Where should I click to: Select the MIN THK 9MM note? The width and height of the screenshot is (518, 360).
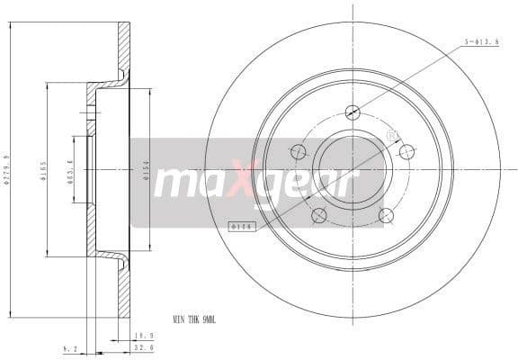click(x=195, y=318)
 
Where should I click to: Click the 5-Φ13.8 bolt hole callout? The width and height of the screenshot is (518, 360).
click(x=479, y=41)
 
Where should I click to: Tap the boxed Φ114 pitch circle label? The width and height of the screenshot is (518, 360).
click(x=241, y=227)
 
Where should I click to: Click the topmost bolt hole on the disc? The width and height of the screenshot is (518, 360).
click(x=352, y=112)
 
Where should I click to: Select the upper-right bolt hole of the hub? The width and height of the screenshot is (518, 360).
click(x=406, y=151)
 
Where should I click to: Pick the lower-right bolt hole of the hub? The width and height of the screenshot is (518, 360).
click(x=387, y=215)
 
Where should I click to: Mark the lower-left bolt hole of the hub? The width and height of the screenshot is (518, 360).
click(x=318, y=215)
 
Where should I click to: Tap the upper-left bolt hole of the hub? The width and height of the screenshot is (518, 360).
click(x=298, y=151)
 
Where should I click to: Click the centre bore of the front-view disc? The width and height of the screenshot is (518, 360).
click(x=352, y=169)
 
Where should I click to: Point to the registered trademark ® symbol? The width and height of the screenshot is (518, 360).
click(x=391, y=135)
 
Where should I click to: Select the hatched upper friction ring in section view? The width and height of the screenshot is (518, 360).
click(x=124, y=49)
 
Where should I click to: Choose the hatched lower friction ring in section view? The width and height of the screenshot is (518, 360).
click(x=124, y=288)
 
